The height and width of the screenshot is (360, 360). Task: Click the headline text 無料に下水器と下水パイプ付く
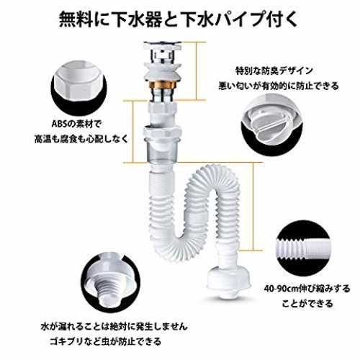(x=178, y=19)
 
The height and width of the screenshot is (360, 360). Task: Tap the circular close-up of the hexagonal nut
(x=78, y=88)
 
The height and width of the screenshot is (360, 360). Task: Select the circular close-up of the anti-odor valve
(x=271, y=125)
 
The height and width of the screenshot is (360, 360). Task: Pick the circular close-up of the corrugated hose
(x=303, y=248)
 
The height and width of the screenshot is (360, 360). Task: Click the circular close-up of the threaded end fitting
(x=110, y=283)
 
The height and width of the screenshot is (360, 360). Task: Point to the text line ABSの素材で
(x=77, y=124)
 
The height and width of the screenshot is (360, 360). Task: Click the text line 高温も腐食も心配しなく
(x=81, y=139)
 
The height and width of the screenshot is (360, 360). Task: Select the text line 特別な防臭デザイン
(x=274, y=71)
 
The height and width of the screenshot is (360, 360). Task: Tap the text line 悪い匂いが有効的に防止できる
(x=278, y=86)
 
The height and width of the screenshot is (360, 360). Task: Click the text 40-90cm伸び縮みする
(x=307, y=288)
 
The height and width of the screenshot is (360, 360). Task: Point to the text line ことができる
(x=307, y=304)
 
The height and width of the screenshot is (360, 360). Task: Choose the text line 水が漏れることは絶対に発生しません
(x=114, y=326)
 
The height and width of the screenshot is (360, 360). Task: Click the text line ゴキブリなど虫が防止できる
(x=106, y=341)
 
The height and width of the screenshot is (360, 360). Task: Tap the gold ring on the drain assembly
(x=162, y=85)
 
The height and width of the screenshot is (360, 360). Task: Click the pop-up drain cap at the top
(x=163, y=45)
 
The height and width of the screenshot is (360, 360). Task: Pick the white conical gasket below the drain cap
(x=162, y=72)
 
